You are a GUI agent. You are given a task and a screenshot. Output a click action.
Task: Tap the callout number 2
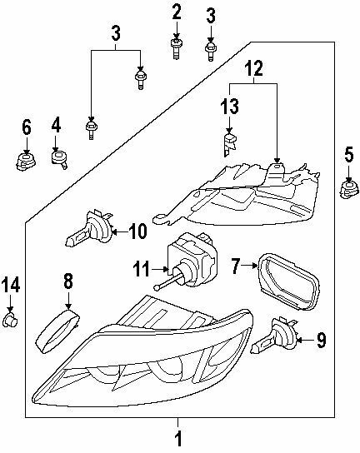(x=177, y=12)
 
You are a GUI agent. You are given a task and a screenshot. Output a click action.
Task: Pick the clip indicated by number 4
(x=57, y=157)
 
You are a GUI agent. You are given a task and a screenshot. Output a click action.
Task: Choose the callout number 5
(x=349, y=152)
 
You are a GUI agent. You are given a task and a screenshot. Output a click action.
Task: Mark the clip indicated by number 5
(x=347, y=191)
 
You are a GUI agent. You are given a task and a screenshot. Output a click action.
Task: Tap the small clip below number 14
(x=11, y=318)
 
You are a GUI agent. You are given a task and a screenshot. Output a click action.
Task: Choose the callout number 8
(x=69, y=281)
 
